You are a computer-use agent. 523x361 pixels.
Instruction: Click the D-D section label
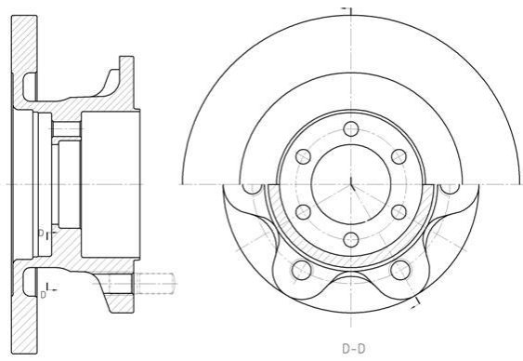click(x=354, y=349)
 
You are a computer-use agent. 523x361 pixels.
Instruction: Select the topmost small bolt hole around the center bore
click(x=351, y=129)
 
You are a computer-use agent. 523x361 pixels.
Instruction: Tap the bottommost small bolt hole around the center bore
click(x=351, y=240)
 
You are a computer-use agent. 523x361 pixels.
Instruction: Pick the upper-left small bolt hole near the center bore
click(x=303, y=156)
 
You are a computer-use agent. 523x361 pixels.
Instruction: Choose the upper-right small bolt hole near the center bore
click(x=399, y=156)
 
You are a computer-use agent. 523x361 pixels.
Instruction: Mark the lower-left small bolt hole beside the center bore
click(x=303, y=212)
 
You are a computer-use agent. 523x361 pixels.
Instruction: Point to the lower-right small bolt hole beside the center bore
click(x=399, y=212)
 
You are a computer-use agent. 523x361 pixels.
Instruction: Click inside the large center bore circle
click(x=351, y=184)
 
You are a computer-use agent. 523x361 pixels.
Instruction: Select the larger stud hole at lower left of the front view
click(x=302, y=270)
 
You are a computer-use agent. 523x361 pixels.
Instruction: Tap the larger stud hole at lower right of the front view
click(x=400, y=270)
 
